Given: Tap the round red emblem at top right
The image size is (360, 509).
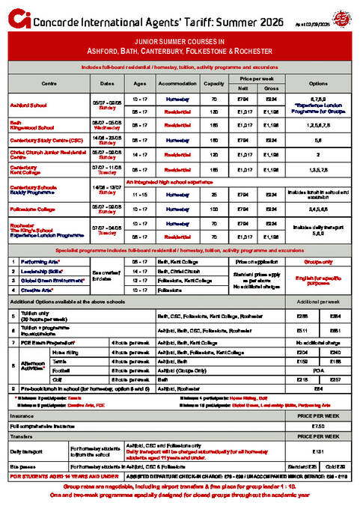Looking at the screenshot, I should click(341, 15).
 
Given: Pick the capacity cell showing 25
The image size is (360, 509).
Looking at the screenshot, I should click(214, 194).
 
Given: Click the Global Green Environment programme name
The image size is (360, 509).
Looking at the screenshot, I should click(51, 279).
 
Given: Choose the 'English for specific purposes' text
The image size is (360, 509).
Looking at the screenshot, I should click(318, 279).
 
